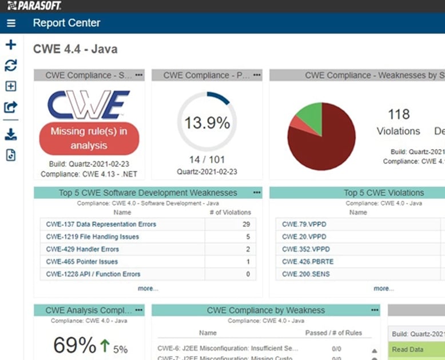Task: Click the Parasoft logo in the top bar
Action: point(34,6)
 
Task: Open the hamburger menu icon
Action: point(11,23)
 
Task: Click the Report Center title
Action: point(66,23)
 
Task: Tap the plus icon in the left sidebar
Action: point(11,45)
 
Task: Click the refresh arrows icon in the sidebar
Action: point(11,65)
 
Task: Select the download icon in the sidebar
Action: point(11,134)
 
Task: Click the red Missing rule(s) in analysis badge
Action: point(89,138)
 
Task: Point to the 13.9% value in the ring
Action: point(206,122)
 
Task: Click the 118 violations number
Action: point(399,114)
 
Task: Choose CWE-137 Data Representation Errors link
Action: point(101,225)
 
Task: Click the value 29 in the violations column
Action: point(246,225)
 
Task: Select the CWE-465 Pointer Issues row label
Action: point(82,262)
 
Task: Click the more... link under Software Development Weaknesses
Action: point(148,289)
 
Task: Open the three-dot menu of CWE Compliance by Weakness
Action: point(375,310)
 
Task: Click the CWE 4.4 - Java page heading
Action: point(75,49)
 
